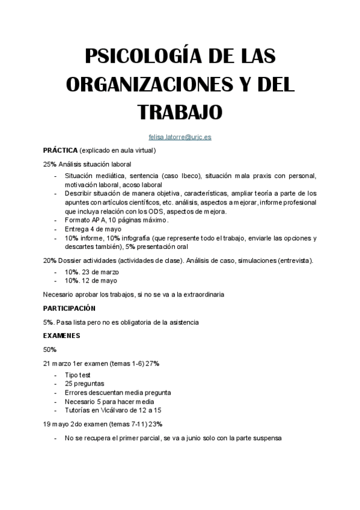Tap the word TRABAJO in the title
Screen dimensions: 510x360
click(x=180, y=112)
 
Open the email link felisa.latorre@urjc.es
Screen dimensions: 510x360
click(x=180, y=137)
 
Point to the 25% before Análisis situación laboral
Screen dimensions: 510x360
click(x=49, y=164)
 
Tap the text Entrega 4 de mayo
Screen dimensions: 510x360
click(x=93, y=229)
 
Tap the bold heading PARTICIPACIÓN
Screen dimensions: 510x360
click(x=70, y=308)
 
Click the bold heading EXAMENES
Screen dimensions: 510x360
click(x=62, y=335)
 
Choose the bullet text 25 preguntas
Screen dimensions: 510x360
click(x=84, y=383)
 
